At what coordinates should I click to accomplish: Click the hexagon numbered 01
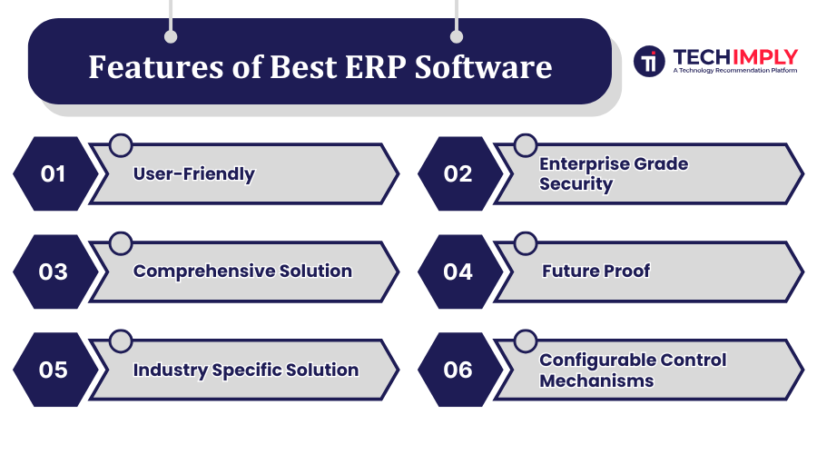pyautogui.click(x=55, y=173)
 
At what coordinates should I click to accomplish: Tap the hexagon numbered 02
pyautogui.click(x=460, y=173)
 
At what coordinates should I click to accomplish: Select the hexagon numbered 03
pyautogui.click(x=55, y=271)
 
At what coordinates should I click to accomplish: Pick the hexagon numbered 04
pyautogui.click(x=460, y=271)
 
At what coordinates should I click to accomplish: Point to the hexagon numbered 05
pyautogui.click(x=55, y=370)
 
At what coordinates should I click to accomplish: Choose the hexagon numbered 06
pyautogui.click(x=460, y=370)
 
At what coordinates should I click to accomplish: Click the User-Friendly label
pyautogui.click(x=194, y=174)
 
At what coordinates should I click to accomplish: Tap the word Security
pyautogui.click(x=576, y=184)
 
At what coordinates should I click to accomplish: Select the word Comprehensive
pyautogui.click(x=203, y=271)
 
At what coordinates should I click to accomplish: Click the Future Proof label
pyautogui.click(x=596, y=271)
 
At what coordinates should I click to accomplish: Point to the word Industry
pyautogui.click(x=171, y=370)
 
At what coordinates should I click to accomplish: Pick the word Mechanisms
pyautogui.click(x=596, y=381)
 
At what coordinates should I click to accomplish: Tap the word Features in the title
pyautogui.click(x=156, y=67)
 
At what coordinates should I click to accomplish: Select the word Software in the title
pyautogui.click(x=483, y=67)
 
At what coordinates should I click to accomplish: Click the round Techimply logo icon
pyautogui.click(x=649, y=61)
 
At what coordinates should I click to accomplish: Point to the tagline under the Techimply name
pyautogui.click(x=734, y=70)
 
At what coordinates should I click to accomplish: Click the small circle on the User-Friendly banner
pyautogui.click(x=121, y=145)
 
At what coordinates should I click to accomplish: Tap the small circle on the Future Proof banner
pyautogui.click(x=526, y=243)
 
